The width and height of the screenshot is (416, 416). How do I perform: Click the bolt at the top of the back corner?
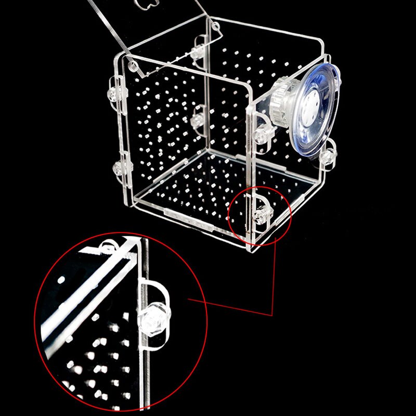click(198, 51)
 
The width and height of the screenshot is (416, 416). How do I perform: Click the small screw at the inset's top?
click(108, 246)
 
